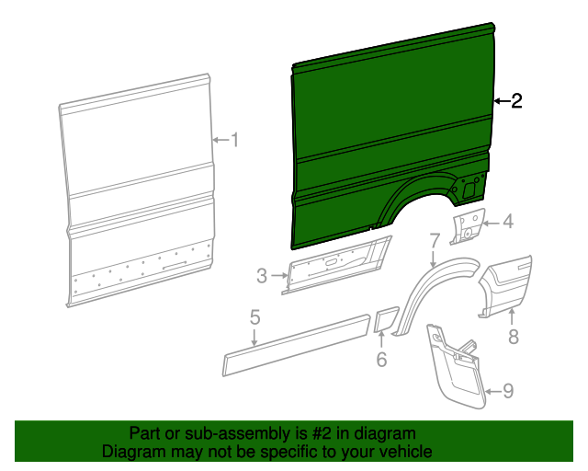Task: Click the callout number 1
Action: point(234,140)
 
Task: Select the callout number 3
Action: point(261,275)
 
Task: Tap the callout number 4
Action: point(507,221)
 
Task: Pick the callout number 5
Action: point(254,318)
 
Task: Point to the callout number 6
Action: point(381,360)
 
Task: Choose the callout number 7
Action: point(435,242)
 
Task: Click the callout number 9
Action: point(508,392)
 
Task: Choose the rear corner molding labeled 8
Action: point(508,285)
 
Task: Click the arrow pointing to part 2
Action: point(500,100)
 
